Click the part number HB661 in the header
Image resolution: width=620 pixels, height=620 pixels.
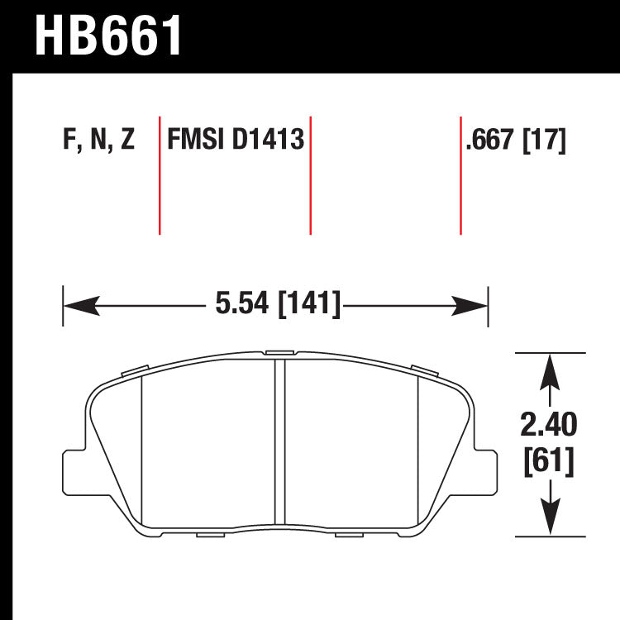[108, 36]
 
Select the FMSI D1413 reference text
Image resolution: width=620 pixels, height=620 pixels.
[236, 139]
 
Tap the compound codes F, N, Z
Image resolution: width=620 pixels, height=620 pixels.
[99, 139]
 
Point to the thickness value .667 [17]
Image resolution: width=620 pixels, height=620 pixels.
[516, 140]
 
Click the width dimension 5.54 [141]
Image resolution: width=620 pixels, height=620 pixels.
[278, 303]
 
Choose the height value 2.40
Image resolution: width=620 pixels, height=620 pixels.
[549, 424]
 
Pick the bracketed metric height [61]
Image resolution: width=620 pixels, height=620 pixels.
[549, 461]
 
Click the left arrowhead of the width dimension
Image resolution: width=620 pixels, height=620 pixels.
[82, 306]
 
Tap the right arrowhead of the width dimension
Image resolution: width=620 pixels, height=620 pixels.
[470, 306]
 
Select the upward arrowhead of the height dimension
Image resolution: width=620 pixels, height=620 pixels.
[550, 372]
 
